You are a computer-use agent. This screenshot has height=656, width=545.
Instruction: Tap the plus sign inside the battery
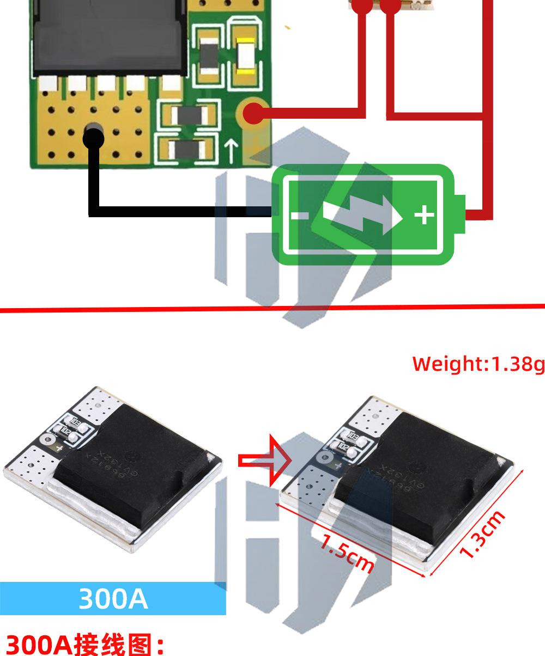(x=425, y=216)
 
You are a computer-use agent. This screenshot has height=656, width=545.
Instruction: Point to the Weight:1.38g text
(x=478, y=364)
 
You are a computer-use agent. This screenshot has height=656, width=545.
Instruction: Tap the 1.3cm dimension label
(x=482, y=535)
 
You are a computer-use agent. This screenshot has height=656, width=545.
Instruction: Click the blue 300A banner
(x=113, y=598)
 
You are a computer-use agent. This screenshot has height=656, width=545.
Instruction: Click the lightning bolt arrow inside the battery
(x=363, y=216)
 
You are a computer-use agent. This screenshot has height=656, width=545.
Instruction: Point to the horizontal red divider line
(x=272, y=309)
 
